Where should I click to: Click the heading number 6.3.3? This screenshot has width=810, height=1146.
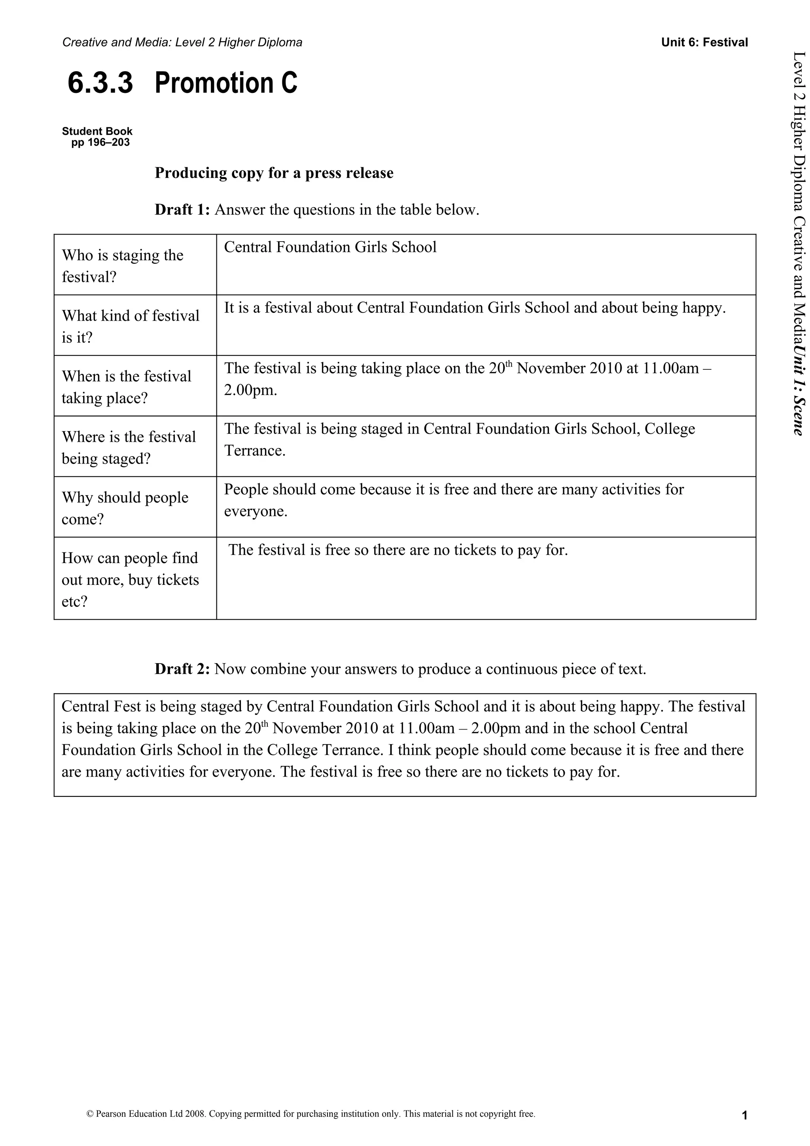100,83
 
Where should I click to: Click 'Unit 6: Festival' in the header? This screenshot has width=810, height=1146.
704,42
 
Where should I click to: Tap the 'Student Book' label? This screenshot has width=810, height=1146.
97,131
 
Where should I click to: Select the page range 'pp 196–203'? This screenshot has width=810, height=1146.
100,143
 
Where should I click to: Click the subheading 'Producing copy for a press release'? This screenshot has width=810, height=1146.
274,173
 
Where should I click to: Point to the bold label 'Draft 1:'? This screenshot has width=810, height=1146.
182,210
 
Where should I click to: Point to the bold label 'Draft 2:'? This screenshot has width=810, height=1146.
182,669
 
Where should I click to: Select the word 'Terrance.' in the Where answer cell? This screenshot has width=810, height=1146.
255,451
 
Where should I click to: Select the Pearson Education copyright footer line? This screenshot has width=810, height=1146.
310,1114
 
